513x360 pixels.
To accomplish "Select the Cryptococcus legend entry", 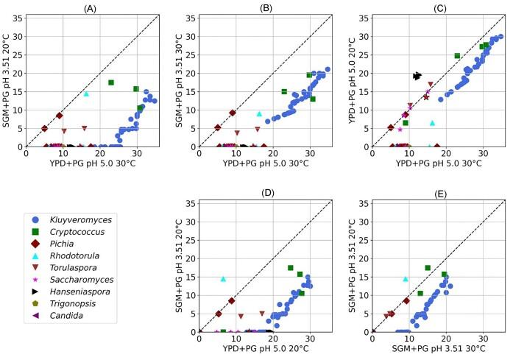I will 74,233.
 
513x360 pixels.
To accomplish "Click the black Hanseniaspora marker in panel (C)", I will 417,76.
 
